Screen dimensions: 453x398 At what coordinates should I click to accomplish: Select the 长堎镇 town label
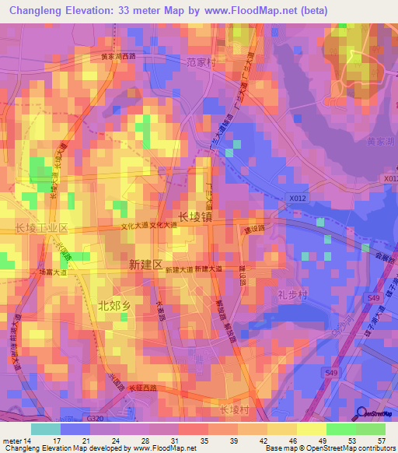coord(194,216)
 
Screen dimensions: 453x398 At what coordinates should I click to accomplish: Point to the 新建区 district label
coord(145,265)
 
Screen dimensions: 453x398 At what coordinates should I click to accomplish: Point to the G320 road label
coord(96,418)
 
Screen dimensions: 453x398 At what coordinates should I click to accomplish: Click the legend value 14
coord(30,441)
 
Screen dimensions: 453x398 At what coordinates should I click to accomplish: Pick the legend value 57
coord(381,441)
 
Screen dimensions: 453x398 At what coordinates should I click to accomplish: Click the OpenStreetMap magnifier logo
coord(360,413)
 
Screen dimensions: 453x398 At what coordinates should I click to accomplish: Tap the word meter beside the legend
coord(12,441)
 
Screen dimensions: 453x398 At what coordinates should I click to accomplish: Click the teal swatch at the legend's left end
coord(45,428)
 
